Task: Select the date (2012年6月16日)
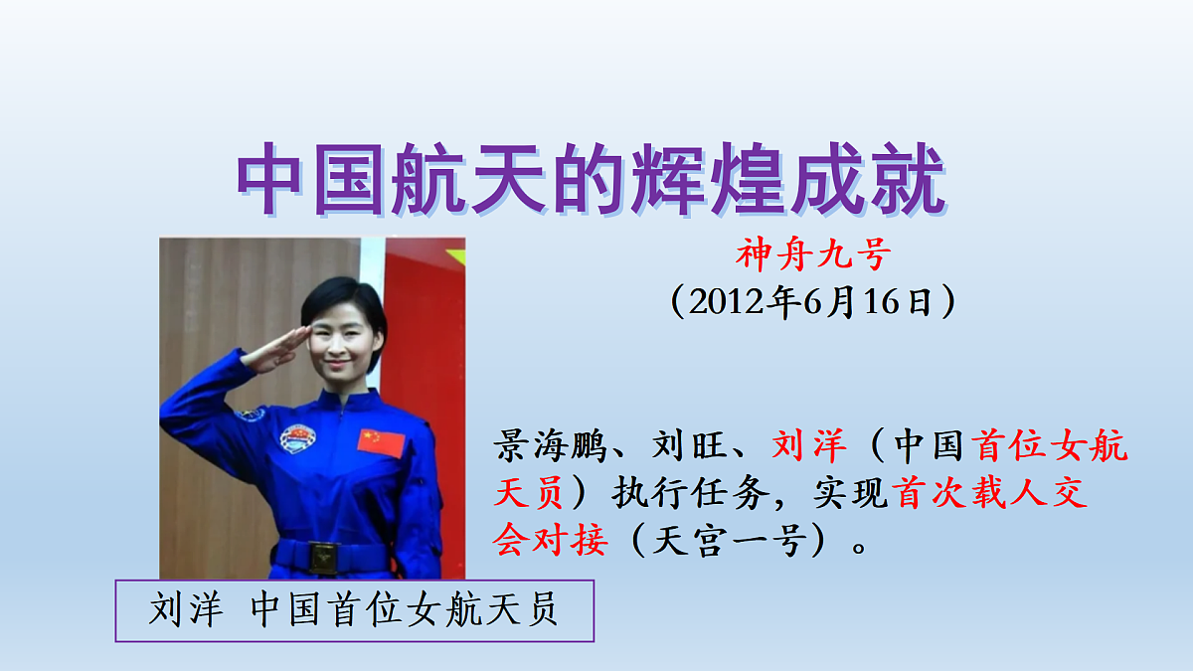(812, 300)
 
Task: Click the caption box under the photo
(355, 610)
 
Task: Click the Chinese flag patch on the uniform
(382, 441)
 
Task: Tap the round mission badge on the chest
(297, 438)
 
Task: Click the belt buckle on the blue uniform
(321, 558)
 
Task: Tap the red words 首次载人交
(991, 494)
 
